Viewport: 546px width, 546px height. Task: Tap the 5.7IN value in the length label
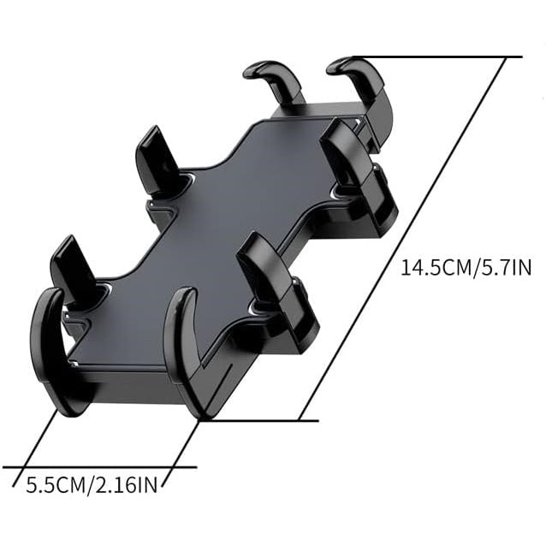click(x=508, y=268)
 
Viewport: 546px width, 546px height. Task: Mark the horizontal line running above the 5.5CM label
click(x=94, y=467)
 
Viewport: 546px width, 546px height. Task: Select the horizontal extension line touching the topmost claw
click(x=445, y=57)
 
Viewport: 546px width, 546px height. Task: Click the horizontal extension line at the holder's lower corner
click(x=265, y=420)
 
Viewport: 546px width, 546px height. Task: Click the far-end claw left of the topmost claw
click(x=278, y=81)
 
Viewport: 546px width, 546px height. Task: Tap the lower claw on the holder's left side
click(x=73, y=270)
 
